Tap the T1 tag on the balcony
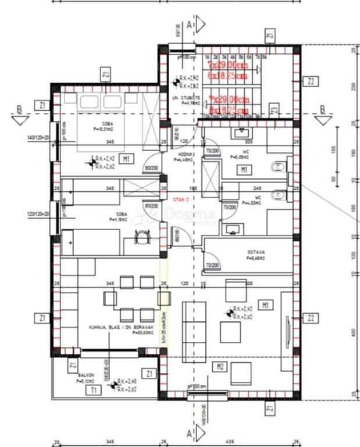coord(93,391)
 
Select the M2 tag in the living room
coord(220,366)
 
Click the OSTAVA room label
coord(256,252)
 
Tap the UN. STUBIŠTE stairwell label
coord(187,98)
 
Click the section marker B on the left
coord(20,109)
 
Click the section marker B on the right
coord(322,110)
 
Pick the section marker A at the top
coord(190,24)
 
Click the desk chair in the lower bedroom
coord(142,238)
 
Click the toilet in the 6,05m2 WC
coord(277,169)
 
